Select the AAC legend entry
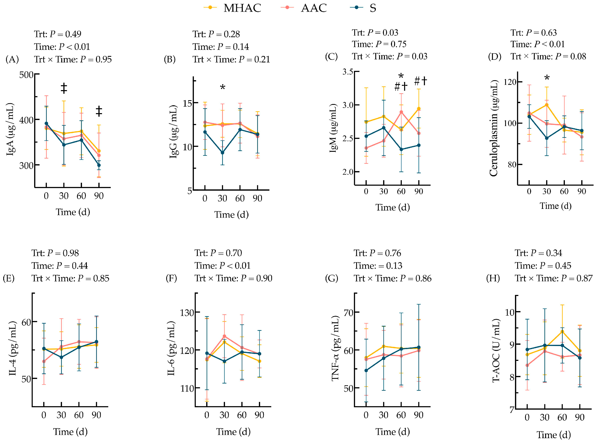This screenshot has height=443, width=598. click(304, 8)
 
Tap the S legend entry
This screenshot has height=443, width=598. click(364, 8)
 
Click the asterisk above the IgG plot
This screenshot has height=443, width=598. click(223, 87)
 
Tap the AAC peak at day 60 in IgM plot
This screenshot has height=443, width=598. click(401, 112)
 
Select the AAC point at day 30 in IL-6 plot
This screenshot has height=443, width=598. click(224, 336)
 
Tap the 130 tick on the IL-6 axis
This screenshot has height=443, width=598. click(187, 313)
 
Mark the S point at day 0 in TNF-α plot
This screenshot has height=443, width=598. click(366, 371)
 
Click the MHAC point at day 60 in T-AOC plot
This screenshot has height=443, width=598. click(562, 332)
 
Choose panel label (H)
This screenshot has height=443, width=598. click(493, 278)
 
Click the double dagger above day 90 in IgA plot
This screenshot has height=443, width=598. click(99, 111)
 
